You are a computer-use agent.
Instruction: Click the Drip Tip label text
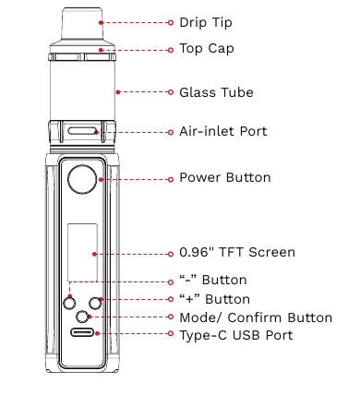(x=206, y=21)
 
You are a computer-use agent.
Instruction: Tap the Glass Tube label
(x=216, y=92)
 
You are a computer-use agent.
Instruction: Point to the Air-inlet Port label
(x=223, y=131)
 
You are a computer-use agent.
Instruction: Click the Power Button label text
(x=224, y=177)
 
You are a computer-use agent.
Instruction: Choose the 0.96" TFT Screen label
(x=237, y=252)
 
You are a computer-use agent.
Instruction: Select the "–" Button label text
(x=213, y=280)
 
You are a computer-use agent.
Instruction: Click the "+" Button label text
(x=214, y=299)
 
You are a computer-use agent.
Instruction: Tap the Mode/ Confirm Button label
(x=255, y=317)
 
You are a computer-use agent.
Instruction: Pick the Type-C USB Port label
(x=235, y=335)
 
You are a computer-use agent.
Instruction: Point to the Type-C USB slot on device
(x=83, y=335)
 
